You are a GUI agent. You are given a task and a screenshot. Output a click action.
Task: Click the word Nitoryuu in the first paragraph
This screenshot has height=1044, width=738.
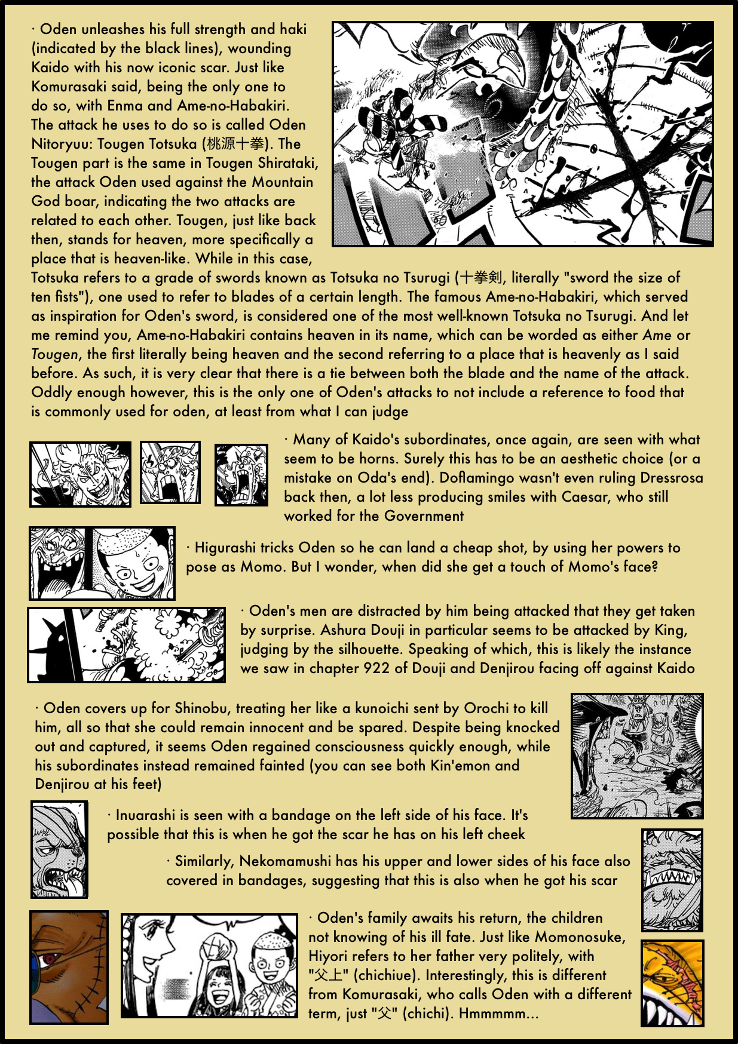(62, 144)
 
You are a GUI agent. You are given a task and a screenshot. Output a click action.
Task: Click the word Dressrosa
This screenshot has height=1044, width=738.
(671, 478)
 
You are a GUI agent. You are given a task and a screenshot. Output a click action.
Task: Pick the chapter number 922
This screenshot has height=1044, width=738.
(376, 668)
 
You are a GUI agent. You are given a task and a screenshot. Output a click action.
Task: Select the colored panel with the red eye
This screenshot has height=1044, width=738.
(69, 967)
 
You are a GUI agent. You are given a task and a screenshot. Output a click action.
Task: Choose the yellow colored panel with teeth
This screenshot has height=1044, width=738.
(672, 983)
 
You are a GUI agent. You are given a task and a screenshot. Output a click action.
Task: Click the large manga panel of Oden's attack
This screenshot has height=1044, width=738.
(523, 134)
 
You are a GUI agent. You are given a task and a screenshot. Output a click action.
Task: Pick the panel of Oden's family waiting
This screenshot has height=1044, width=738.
(209, 965)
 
